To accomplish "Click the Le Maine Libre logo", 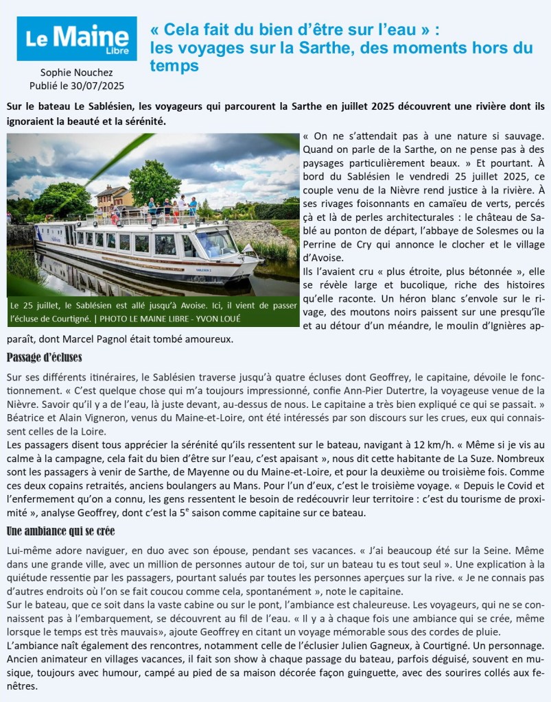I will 77,38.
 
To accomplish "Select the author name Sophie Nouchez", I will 76,73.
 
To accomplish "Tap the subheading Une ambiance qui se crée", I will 60,531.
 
